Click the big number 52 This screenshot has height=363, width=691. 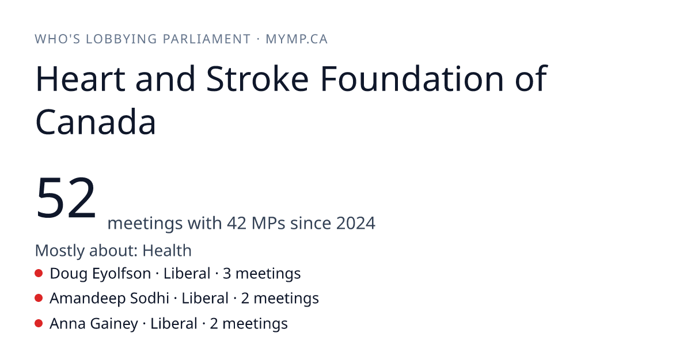pyautogui.click(x=66, y=198)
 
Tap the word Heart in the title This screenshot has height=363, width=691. pyautogui.click(x=81, y=79)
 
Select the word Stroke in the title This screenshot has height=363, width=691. pyautogui.click(x=257, y=79)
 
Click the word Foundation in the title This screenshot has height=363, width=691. pyautogui.click(x=412, y=79)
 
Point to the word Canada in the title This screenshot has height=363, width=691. pyautogui.click(x=96, y=122)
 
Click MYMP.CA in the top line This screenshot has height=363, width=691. pyautogui.click(x=297, y=39)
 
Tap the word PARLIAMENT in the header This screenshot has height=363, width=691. pyautogui.click(x=207, y=39)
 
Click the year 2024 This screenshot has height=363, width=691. pyautogui.click(x=356, y=223)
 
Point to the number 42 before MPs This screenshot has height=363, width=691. pyautogui.click(x=237, y=223)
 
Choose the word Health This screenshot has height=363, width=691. pyautogui.click(x=167, y=250)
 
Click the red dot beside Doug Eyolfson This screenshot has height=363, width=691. pyautogui.click(x=39, y=273)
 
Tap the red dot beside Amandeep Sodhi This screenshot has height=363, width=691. pyautogui.click(x=39, y=298)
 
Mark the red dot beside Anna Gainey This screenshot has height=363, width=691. pyautogui.click(x=39, y=323)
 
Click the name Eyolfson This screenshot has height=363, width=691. pyautogui.click(x=122, y=274)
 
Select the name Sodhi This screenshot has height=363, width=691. pyautogui.click(x=150, y=298)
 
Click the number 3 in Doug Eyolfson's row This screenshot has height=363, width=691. pyautogui.click(x=227, y=274)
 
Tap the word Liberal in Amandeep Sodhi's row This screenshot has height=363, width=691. pyautogui.click(x=205, y=298)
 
